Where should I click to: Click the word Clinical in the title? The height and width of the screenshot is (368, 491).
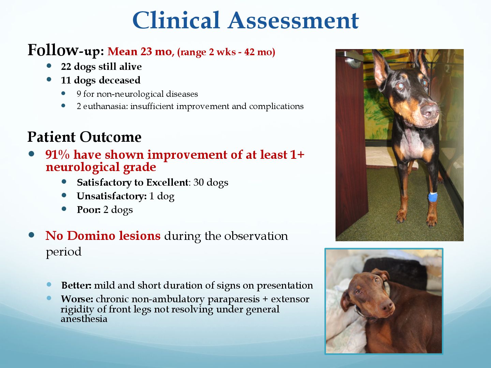tap(176, 20)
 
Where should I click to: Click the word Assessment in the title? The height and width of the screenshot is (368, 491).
tap(293, 21)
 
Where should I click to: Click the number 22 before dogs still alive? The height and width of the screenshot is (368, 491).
tap(66, 66)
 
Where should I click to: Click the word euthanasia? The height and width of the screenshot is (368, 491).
tap(105, 106)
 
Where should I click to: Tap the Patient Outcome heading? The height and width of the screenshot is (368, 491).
tap(84, 137)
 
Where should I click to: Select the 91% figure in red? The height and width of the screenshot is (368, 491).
tap(58, 154)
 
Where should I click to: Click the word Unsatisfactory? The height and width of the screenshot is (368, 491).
tap(111, 196)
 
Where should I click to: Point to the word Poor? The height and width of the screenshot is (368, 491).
tap(89, 210)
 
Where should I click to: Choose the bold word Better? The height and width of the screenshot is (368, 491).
tap(76, 285)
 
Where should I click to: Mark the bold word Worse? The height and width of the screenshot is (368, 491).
tap(77, 299)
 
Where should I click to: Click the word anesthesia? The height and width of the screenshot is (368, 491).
tap(84, 319)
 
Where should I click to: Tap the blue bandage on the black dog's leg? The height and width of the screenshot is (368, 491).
tap(433, 197)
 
